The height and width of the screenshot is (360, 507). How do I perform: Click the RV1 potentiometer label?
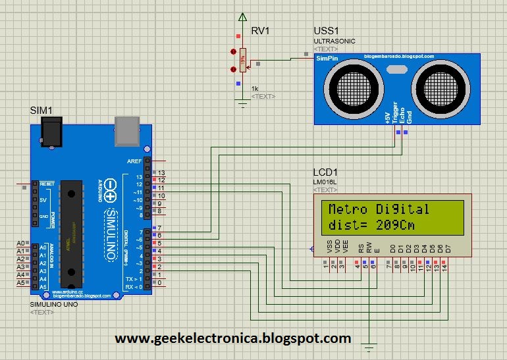(260, 31)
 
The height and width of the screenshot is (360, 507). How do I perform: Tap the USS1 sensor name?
(326, 31)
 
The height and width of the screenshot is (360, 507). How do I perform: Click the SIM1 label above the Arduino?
(41, 110)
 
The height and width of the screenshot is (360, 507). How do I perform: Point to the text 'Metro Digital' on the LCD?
(379, 210)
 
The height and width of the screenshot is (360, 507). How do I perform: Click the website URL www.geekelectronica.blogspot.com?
(233, 338)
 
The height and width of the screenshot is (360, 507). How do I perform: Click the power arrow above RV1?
(243, 17)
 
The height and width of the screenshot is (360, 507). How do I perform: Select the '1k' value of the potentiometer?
(254, 88)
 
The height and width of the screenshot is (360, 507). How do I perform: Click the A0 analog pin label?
(20, 244)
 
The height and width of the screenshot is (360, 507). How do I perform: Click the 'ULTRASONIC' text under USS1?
(334, 41)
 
